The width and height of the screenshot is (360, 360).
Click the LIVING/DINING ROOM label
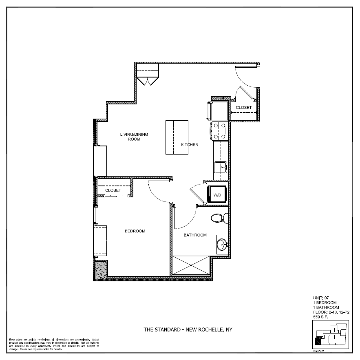coord(134,137)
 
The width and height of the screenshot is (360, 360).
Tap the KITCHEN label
coord(190,145)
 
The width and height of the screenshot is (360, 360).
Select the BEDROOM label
coord(135,231)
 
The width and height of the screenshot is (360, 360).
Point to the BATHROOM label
coord(195,235)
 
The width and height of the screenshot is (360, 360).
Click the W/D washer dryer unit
coord(217,195)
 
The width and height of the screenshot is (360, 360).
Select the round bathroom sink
coord(222,245)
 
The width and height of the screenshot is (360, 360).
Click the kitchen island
coord(176,137)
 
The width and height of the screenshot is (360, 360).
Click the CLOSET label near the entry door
coord(243,108)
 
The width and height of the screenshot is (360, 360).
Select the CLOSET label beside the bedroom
coord(113,190)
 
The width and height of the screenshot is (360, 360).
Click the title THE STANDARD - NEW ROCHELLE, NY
coord(190,329)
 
